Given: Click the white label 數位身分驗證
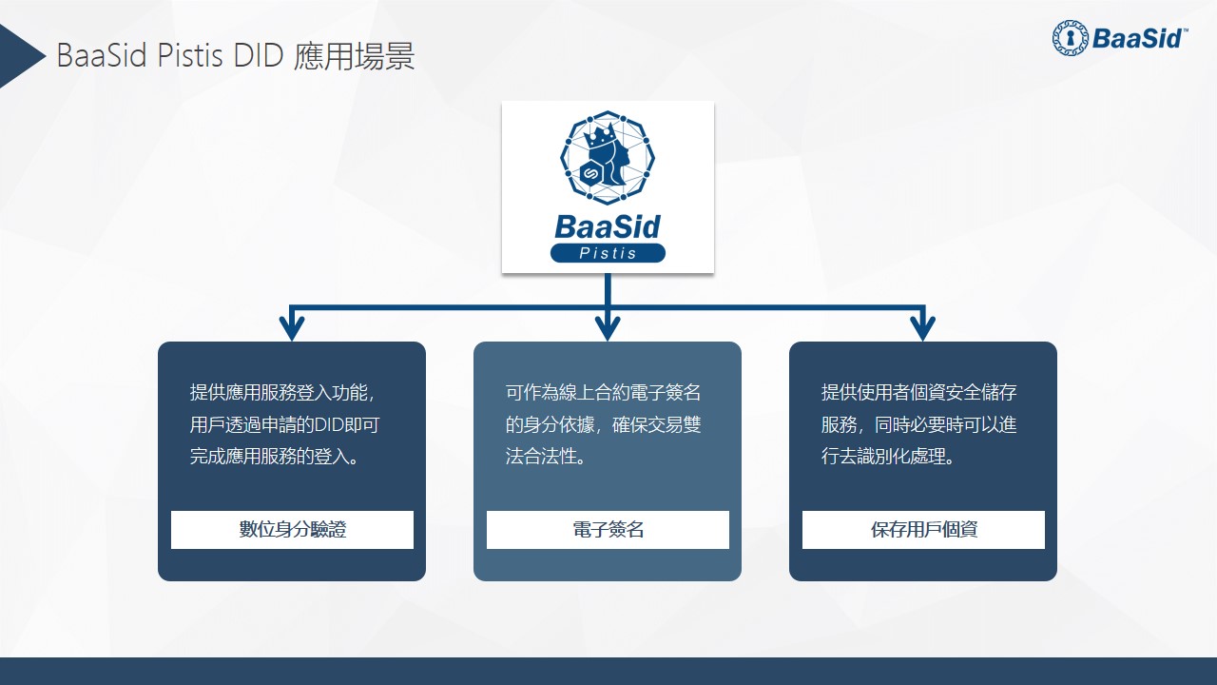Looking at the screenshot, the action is click(292, 530).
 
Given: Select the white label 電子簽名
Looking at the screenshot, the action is click(608, 530).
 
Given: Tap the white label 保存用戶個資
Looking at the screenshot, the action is click(923, 530).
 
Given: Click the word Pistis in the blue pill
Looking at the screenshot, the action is click(608, 253).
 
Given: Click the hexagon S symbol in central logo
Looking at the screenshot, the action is click(589, 174).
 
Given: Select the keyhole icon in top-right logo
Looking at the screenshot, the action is click(1071, 38).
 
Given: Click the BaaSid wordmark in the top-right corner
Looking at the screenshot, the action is click(1136, 39).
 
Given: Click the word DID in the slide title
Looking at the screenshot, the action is click(259, 55).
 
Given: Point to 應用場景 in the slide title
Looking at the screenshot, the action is click(355, 55).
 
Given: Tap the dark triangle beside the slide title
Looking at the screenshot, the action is click(19, 55).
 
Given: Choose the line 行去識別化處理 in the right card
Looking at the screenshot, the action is click(888, 456).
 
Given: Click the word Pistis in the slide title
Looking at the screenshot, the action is click(190, 55).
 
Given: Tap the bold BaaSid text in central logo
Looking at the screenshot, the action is click(608, 227).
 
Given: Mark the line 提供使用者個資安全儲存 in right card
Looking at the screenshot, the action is click(918, 392).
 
